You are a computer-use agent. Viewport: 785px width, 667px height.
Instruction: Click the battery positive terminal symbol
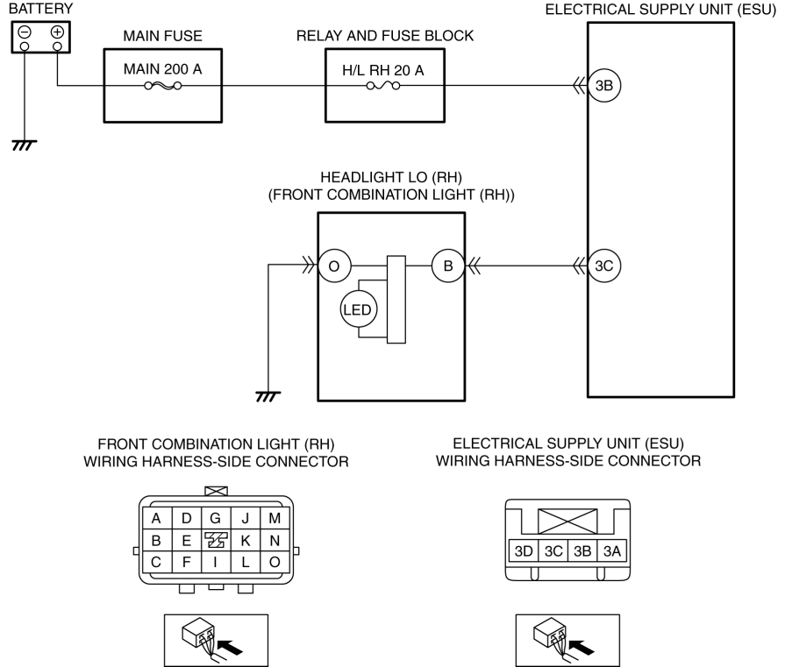(x=58, y=32)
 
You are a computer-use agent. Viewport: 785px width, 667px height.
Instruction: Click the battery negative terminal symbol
(x=24, y=32)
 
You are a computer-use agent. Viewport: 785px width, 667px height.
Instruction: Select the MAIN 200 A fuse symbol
(x=163, y=86)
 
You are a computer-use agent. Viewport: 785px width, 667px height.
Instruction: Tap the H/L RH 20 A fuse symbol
(x=383, y=86)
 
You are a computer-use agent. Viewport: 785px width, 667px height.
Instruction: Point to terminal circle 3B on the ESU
(x=604, y=86)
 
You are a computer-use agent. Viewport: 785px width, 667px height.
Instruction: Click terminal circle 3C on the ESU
(x=604, y=266)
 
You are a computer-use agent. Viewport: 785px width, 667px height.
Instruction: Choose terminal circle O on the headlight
(x=334, y=266)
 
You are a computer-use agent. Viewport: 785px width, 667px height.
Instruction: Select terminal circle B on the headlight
(x=448, y=266)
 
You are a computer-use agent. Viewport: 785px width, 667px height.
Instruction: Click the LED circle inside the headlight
(x=358, y=309)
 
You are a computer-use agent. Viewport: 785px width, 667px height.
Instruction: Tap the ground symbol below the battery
(x=24, y=145)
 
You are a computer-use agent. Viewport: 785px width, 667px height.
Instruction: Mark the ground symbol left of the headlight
(x=268, y=397)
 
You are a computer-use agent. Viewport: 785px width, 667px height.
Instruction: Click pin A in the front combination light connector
(x=156, y=518)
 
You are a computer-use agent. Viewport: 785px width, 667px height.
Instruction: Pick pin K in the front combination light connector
(x=246, y=541)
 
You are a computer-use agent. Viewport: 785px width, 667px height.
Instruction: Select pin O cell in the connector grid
(x=275, y=562)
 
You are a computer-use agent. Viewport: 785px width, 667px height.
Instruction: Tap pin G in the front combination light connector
(x=215, y=518)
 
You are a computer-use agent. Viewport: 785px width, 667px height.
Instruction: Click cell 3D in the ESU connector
(x=524, y=551)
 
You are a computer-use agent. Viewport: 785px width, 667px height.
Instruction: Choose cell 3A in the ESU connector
(x=612, y=551)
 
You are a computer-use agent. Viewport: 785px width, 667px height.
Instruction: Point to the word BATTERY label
(x=40, y=9)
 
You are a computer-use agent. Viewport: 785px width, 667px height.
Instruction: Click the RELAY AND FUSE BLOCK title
(x=385, y=36)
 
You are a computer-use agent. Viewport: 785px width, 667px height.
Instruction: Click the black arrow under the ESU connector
(x=582, y=648)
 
